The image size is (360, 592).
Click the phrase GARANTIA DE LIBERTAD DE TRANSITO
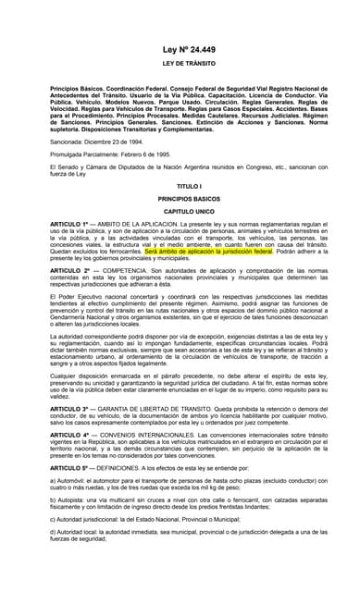pos(157,407)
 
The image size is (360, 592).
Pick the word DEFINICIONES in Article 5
pos(126,468)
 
